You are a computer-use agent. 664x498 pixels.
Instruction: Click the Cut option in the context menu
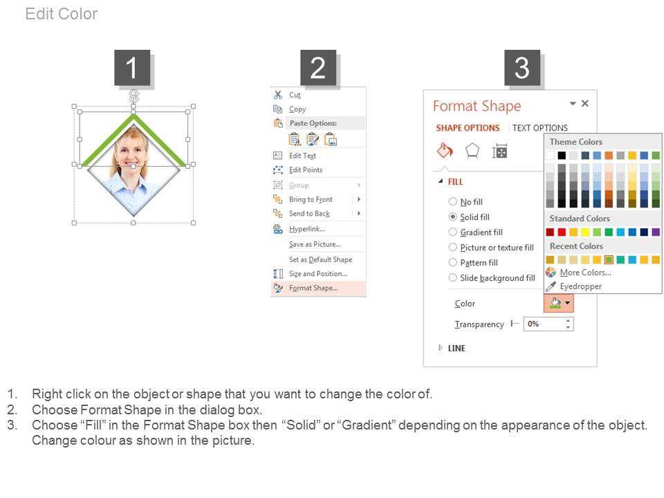pos(295,95)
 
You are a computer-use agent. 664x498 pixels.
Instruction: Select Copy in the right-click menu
pos(297,109)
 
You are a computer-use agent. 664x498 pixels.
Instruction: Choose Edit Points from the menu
pos(305,170)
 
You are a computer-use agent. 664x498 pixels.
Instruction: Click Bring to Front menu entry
pos(311,199)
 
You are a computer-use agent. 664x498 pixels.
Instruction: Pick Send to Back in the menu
pos(309,214)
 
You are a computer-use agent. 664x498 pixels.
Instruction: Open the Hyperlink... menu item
pos(306,229)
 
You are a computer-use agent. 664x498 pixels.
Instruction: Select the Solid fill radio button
pos(452,216)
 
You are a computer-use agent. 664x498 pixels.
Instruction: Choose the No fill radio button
pos(452,201)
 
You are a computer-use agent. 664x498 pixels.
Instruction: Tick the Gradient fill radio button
pos(452,232)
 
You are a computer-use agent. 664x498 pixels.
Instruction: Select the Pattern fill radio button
pos(452,263)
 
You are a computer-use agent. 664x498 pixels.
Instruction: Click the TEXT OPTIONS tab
pos(540,128)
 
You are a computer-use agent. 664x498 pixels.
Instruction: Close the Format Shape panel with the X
pos(585,103)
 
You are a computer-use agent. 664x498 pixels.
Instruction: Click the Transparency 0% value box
pos(548,324)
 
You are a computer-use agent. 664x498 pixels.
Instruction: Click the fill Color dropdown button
pos(559,303)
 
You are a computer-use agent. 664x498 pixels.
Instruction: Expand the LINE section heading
pos(456,348)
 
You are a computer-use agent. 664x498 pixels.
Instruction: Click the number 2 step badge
pos(318,68)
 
